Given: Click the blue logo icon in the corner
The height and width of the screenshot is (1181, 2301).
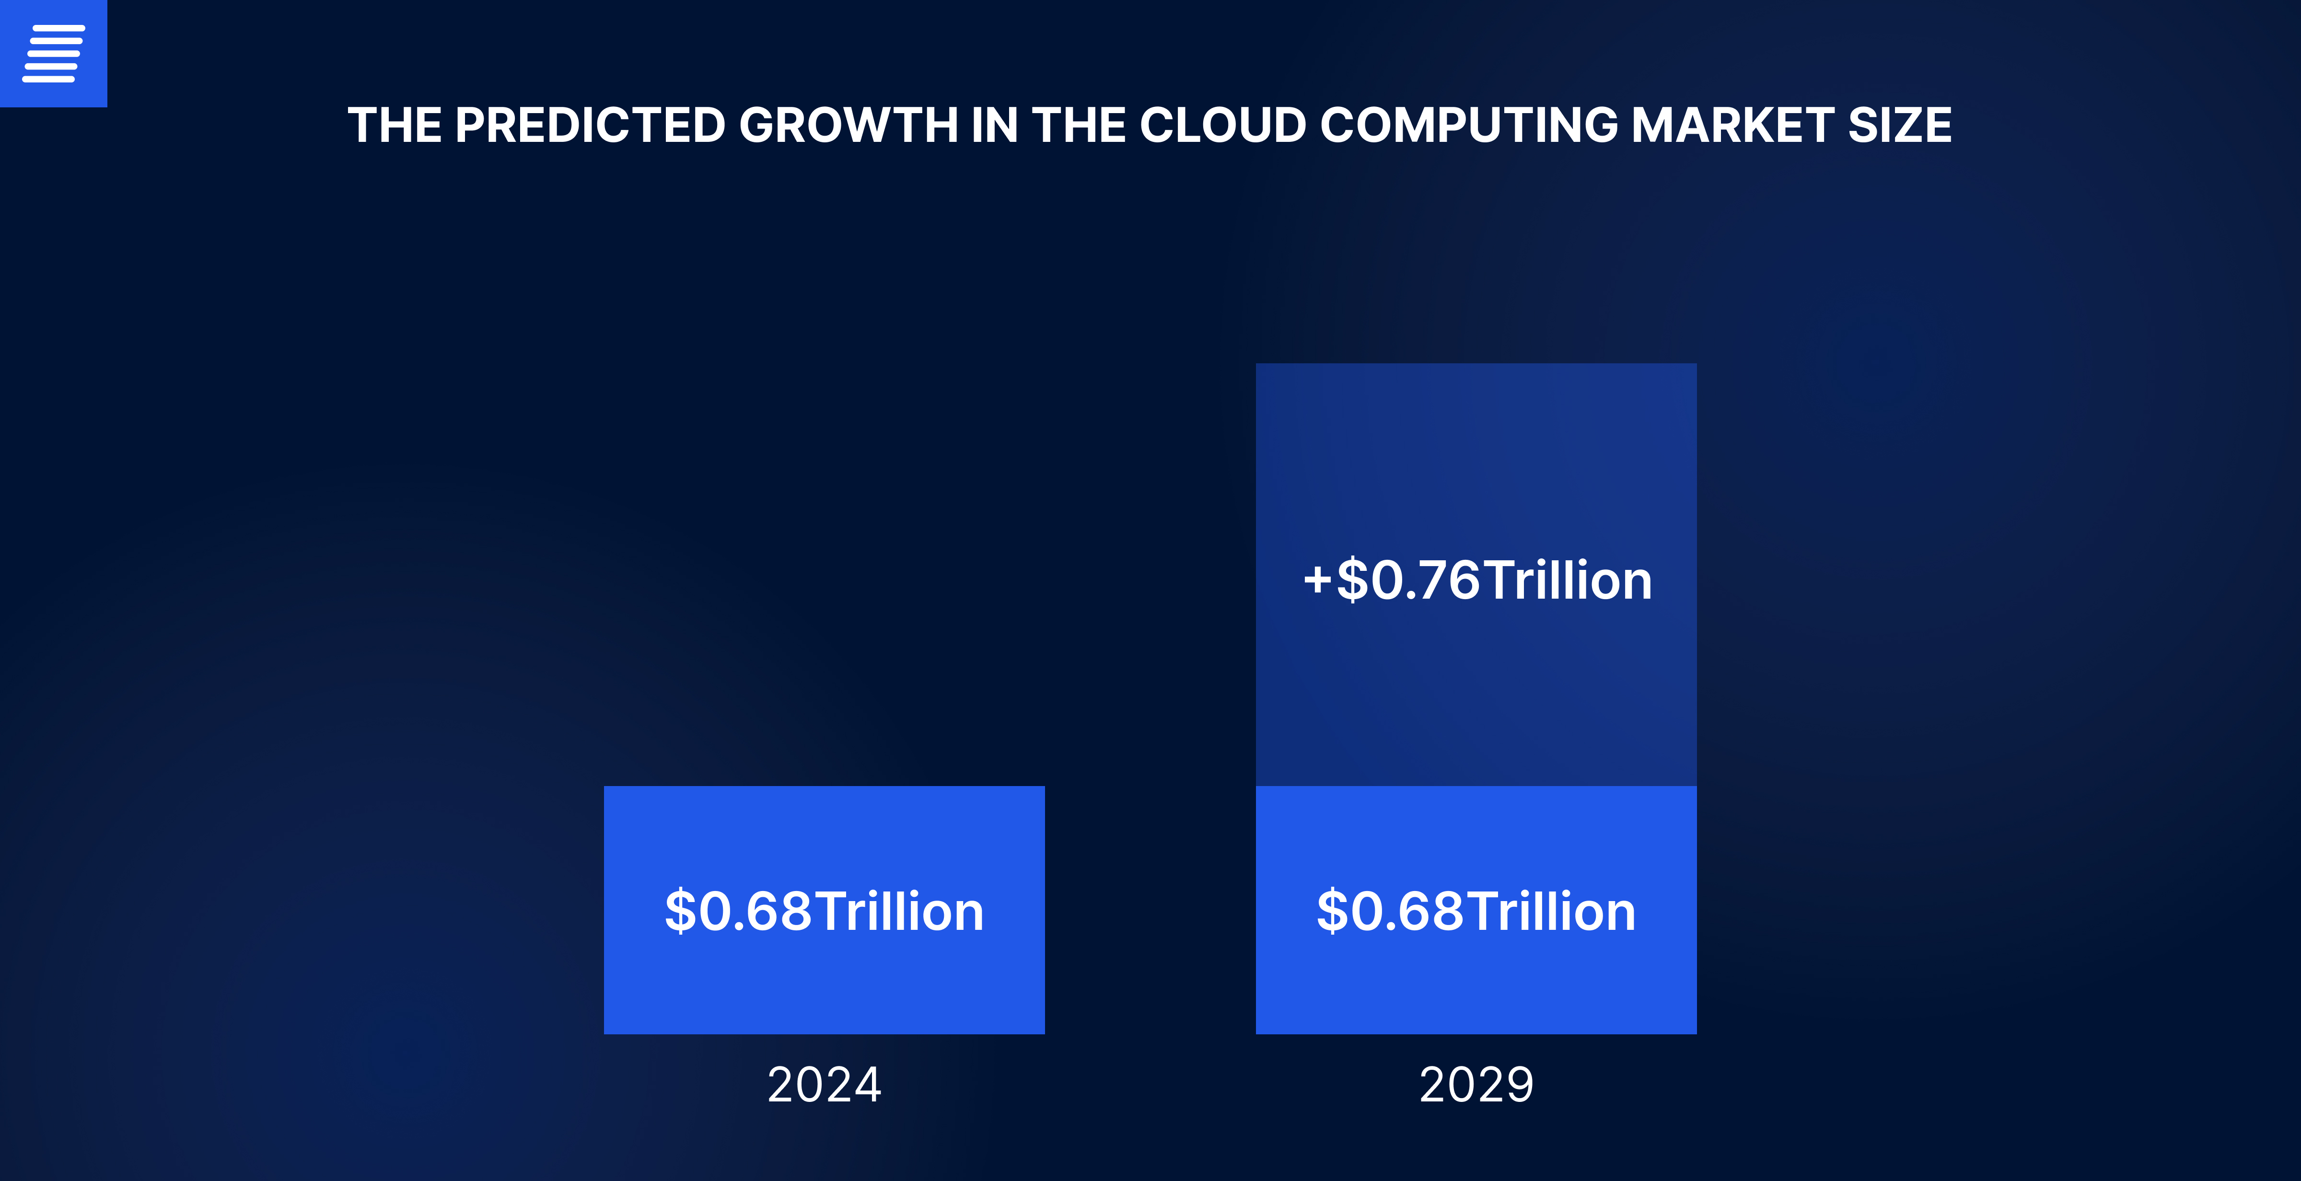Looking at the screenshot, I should [x=54, y=54].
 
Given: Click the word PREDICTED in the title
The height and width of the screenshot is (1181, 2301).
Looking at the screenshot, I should [x=590, y=125].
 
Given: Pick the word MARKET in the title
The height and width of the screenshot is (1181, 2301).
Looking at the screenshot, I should [x=1733, y=125].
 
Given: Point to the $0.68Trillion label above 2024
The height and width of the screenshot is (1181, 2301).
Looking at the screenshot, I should [x=824, y=911].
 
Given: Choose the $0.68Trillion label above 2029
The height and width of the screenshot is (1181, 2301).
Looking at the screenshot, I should [x=1476, y=911].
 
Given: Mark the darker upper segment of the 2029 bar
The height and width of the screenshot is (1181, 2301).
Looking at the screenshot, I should [x=1476, y=447].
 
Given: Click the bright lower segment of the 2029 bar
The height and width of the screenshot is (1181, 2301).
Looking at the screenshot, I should [x=1476, y=992].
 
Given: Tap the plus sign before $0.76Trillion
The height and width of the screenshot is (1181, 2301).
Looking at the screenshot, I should [x=1317, y=580].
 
